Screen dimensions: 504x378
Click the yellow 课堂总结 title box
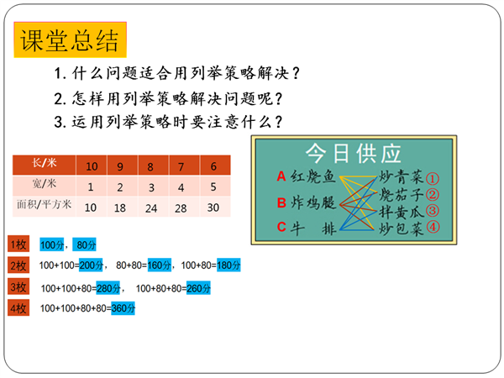tap(70, 39)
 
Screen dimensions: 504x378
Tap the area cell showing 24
tap(151, 208)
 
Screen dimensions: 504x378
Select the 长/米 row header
tap(44, 165)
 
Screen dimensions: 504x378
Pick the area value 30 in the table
tap(213, 207)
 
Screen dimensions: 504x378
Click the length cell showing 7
tap(181, 166)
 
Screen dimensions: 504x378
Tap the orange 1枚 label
tap(18, 244)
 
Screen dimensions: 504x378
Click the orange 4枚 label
tap(18, 308)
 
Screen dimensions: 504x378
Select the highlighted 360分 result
tap(123, 308)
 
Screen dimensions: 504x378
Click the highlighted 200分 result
tap(91, 265)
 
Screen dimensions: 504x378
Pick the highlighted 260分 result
tap(198, 288)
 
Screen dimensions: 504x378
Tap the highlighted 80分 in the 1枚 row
tap(85, 245)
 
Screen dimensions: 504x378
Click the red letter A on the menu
tap(281, 176)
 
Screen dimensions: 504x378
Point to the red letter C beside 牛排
tap(281, 227)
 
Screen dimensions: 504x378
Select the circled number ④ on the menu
tap(433, 227)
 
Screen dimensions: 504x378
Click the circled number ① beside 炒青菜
tap(433, 179)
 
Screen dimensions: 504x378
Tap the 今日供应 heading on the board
tap(353, 154)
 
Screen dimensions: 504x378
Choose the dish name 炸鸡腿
tap(312, 202)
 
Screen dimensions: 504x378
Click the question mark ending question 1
tap(296, 73)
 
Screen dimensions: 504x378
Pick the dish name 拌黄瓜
tap(402, 212)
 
